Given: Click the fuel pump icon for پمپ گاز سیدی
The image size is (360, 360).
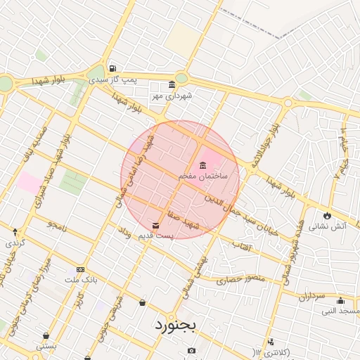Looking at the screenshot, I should tap(112, 68).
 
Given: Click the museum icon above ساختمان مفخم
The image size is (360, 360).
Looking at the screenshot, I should tap(202, 165).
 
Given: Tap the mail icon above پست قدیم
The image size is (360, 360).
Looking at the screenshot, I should tap(155, 225).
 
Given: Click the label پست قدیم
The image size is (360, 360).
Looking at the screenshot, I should tap(156, 236).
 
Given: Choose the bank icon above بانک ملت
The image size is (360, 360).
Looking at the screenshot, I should tap(80, 270).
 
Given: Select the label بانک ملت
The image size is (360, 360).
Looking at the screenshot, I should tap(79, 280).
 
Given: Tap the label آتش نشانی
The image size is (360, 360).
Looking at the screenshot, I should tap(328, 226).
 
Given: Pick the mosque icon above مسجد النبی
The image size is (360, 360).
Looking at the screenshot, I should tap(340, 300).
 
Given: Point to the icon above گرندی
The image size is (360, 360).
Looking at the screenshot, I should tap(15, 231).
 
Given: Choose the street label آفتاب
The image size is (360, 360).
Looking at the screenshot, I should tap(241, 247).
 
